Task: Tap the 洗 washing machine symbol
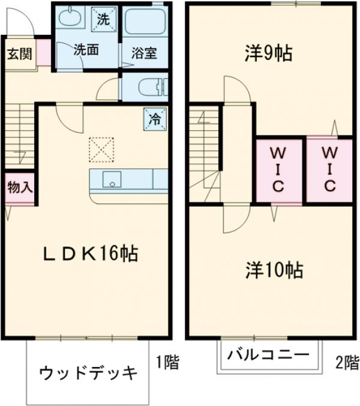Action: coord(103,19)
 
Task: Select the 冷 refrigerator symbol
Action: coord(154,119)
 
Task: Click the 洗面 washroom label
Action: coord(86,51)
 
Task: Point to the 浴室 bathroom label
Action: coord(144,52)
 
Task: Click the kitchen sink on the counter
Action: coord(111,179)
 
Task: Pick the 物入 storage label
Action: coord(19,187)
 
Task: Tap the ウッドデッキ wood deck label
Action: coord(89,373)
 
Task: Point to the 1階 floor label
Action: coord(167,362)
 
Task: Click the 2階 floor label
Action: coord(346,362)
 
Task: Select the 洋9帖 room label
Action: coord(268,54)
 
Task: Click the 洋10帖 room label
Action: coord(274,270)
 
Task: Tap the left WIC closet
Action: coord(278,170)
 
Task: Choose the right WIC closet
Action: coord(329,170)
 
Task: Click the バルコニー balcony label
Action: coord(268,354)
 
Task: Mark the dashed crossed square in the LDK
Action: coord(101,149)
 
